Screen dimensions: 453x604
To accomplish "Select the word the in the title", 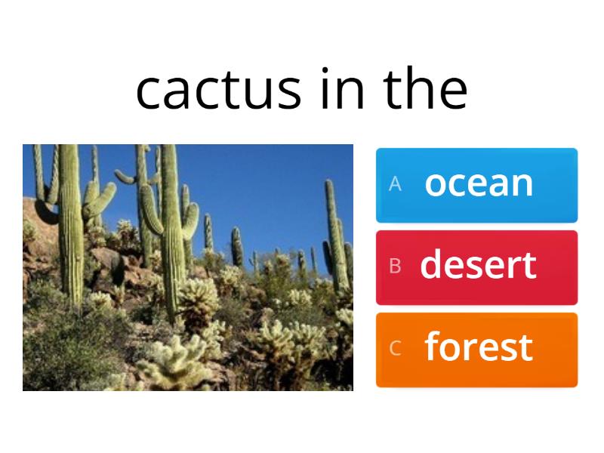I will [426, 89].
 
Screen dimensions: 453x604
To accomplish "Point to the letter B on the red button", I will [394, 267].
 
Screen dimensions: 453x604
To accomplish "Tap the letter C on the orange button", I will [394, 349].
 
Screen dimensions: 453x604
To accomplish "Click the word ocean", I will [479, 183].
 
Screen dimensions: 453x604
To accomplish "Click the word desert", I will [479, 265].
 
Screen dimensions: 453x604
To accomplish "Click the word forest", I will [479, 347].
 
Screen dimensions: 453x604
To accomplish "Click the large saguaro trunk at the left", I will [72, 226].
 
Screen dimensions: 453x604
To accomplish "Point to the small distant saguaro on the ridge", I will [236, 246].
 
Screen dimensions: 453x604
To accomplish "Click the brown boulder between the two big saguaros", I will [113, 264].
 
